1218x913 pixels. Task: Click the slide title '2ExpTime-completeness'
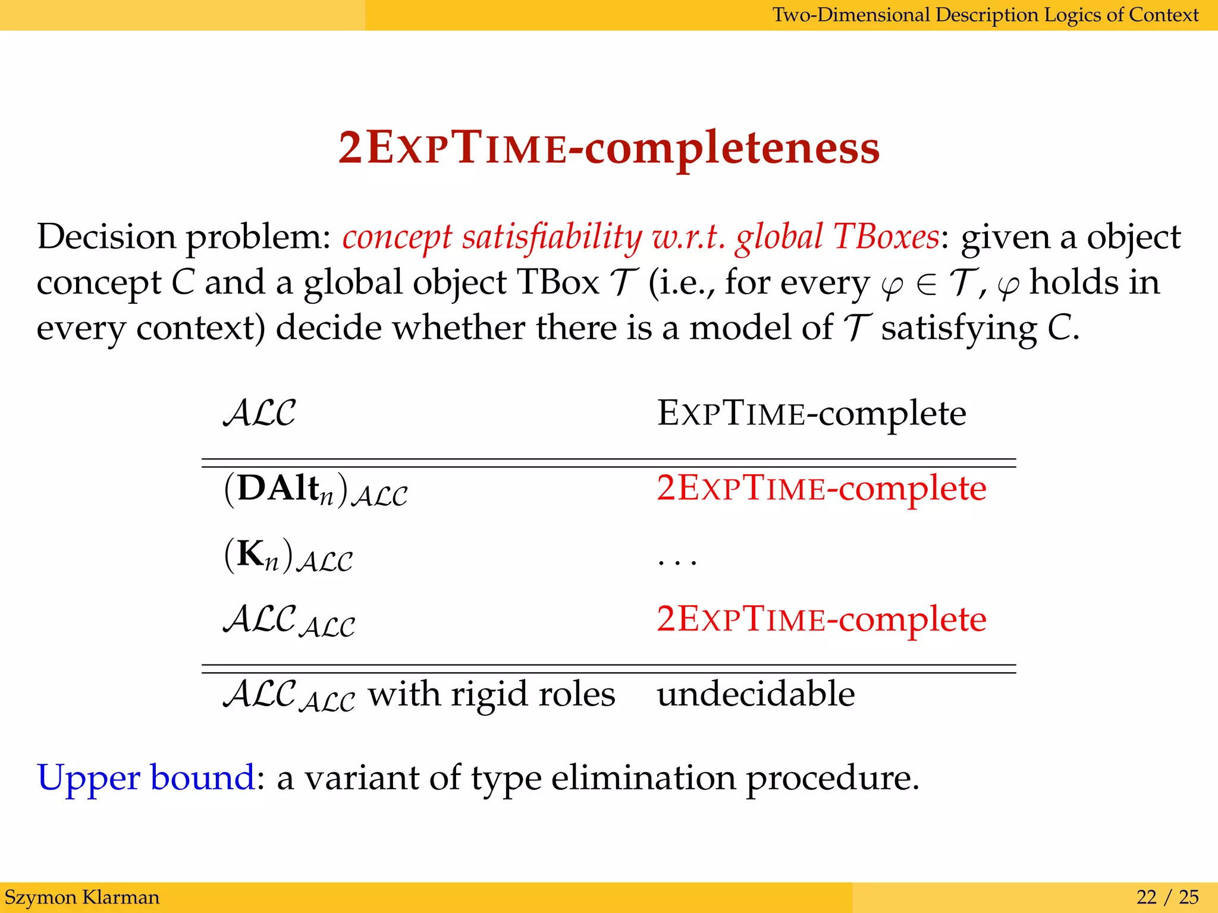tap(608, 149)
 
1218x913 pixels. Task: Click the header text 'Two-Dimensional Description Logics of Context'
tap(985, 14)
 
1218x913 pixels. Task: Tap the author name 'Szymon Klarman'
tap(82, 897)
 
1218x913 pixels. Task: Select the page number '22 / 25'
tap(1167, 897)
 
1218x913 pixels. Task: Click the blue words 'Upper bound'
tap(146, 777)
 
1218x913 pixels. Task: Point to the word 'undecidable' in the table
tap(755, 694)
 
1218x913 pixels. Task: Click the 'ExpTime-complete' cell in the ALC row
tap(811, 413)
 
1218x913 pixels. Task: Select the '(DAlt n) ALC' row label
tap(316, 490)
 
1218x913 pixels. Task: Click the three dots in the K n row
tap(677, 561)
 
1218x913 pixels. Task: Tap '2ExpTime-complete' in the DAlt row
tap(821, 489)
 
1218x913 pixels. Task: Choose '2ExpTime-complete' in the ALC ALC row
tap(821, 619)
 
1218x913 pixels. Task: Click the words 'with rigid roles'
tap(491, 694)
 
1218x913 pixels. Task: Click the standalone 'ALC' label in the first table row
tap(259, 413)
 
